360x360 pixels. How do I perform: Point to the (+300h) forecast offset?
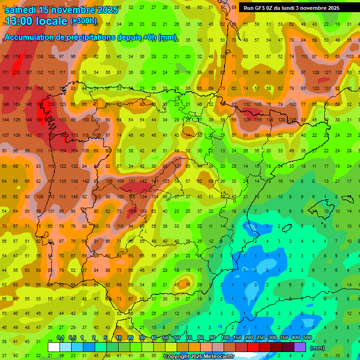click(x=83, y=21)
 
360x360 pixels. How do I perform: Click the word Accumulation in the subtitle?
click(x=30, y=37)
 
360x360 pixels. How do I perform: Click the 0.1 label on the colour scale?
click(x=60, y=338)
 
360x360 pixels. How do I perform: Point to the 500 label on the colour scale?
click(x=307, y=338)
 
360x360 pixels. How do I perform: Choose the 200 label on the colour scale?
click(x=248, y=338)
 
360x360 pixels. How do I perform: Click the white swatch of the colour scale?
click(x=54, y=347)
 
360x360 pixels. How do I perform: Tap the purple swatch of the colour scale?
click(x=300, y=347)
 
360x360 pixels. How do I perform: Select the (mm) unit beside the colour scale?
click(x=317, y=348)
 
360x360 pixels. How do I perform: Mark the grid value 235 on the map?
click(x=51, y=105)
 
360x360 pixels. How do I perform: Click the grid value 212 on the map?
click(x=17, y=73)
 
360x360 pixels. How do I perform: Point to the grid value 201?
click(x=28, y=57)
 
